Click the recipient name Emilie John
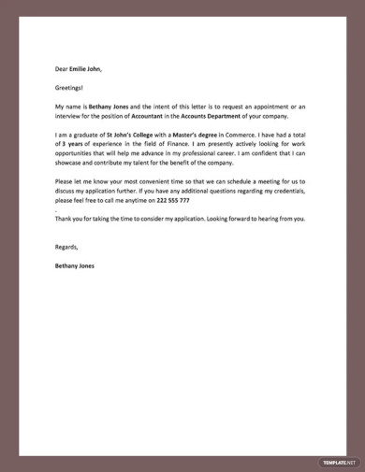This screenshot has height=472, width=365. tap(86, 68)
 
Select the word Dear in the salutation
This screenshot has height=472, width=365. tap(62, 68)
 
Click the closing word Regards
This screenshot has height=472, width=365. tap(66, 248)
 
